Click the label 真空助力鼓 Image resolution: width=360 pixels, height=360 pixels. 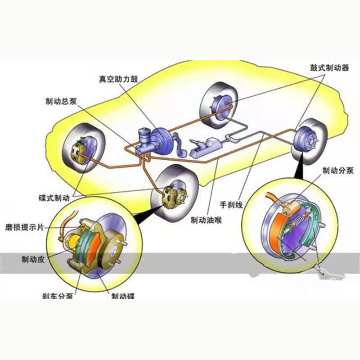coord(119,78)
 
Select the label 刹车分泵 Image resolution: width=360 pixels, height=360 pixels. coord(57,296)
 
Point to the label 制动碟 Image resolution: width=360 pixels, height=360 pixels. coord(123,296)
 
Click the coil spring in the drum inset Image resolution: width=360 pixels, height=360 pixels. coord(299,220)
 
